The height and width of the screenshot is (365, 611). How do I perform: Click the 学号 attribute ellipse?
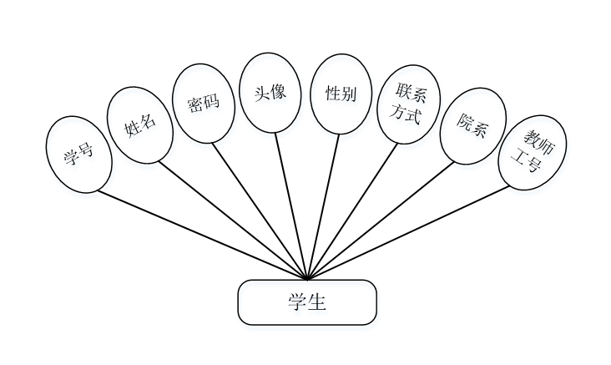[x=78, y=155]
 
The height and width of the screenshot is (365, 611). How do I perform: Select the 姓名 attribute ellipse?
[x=139, y=125]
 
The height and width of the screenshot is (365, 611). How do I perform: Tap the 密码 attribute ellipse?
[x=204, y=104]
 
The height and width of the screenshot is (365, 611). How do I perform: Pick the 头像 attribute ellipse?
[x=269, y=93]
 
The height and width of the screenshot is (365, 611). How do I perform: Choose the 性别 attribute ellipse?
[x=341, y=94]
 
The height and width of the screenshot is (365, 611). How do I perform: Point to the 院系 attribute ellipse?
[x=472, y=125]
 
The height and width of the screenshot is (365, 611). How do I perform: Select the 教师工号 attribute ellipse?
[x=533, y=152]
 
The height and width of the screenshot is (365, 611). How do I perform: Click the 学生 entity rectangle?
[x=307, y=302]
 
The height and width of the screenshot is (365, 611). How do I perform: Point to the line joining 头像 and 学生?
[x=291, y=205]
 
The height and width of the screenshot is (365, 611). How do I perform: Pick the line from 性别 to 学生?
[x=324, y=205]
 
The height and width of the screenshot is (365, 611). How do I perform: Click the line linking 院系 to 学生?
[x=380, y=221]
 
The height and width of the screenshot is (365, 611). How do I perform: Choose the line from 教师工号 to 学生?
[x=409, y=232]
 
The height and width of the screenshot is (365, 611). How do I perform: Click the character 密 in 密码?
[x=196, y=106]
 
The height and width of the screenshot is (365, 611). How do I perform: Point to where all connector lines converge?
[x=308, y=279]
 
